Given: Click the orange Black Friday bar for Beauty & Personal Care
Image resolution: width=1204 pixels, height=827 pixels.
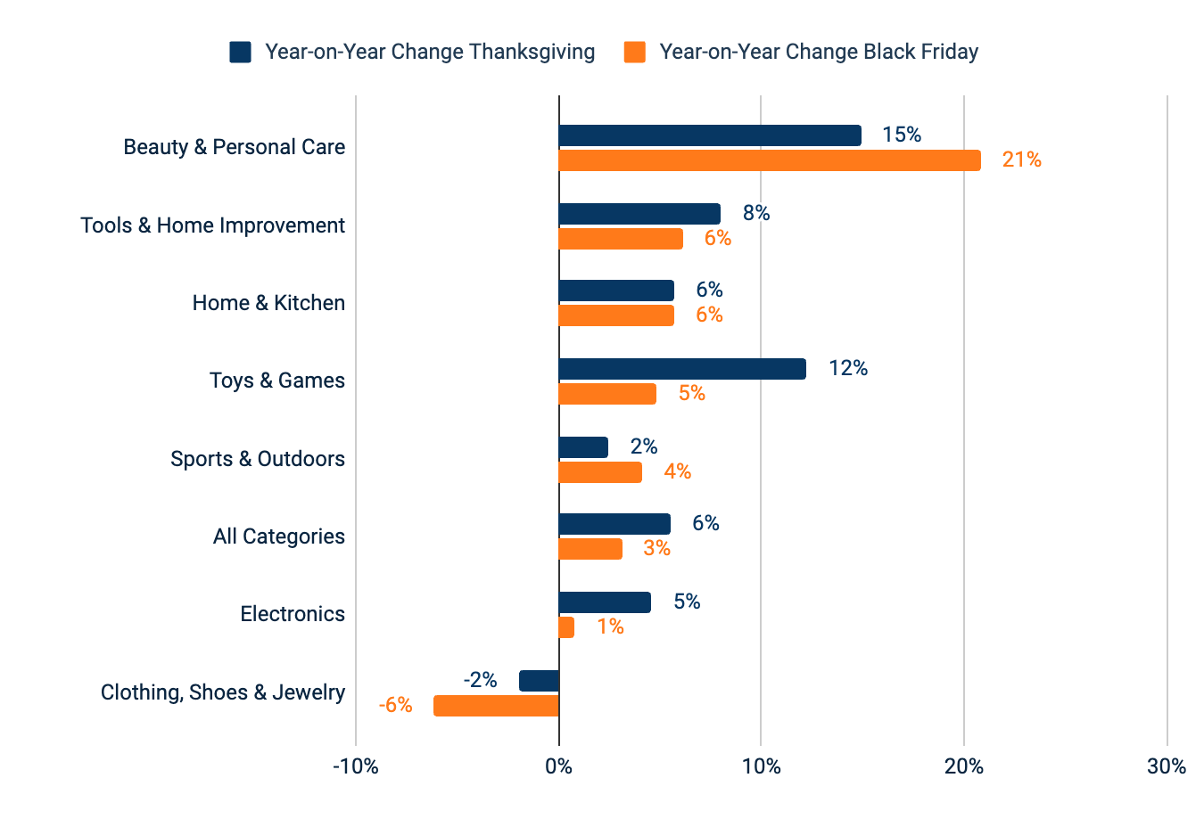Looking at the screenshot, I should pos(769,160).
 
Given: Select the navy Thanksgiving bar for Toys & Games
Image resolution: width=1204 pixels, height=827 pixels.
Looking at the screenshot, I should pos(682,369).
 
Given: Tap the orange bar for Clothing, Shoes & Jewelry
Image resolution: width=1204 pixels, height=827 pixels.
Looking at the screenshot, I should pos(496,706).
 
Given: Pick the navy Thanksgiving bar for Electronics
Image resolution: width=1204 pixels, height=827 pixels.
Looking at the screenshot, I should pos(605,602).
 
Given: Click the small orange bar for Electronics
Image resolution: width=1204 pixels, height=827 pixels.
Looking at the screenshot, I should pos(566,627).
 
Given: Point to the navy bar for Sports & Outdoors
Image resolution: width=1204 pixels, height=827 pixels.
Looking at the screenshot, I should pos(583,447).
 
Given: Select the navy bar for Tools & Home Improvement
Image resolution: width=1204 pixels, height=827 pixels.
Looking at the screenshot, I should pos(639,214).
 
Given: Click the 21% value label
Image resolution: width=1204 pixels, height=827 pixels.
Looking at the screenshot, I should pos(1021,160).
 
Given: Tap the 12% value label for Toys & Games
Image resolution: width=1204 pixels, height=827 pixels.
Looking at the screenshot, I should pos(847,368).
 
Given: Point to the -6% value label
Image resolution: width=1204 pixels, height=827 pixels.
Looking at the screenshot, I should pos(395,706).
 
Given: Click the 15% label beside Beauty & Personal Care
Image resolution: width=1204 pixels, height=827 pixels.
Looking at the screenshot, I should pos(901,135).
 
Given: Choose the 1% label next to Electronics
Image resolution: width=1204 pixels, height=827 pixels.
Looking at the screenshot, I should pos(610,626).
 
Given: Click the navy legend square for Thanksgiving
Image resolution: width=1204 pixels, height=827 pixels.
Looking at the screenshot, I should pos(240,52).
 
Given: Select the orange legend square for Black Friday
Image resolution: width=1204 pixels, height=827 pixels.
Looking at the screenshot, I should pos(634,52).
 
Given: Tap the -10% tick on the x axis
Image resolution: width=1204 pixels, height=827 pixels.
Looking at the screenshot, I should pos(356,766).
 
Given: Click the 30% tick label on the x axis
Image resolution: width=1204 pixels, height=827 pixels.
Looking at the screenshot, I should pos(1167,766).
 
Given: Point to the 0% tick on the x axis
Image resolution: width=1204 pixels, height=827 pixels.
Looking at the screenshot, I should pos(558,766).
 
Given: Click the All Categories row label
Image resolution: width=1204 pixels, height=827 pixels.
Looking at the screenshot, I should pos(278,536).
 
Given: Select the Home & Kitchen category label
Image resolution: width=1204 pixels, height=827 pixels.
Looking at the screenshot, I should pos(268,303).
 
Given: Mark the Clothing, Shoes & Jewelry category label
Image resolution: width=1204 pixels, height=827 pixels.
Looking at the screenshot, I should pos(222,692).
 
